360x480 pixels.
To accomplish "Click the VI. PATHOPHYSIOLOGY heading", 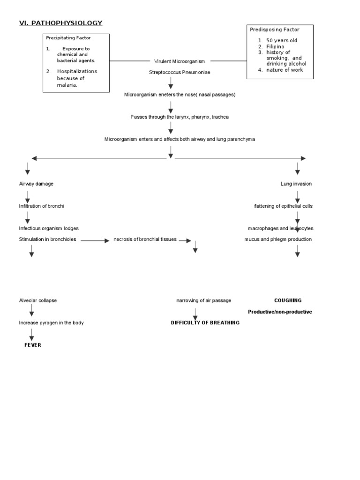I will (60, 23).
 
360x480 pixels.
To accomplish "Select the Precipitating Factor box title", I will (68, 38).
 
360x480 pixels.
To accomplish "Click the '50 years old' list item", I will (281, 41).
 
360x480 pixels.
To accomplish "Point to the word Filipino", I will (275, 47).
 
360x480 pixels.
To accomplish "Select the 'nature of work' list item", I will (285, 70).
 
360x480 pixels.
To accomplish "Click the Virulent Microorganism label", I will (180, 61).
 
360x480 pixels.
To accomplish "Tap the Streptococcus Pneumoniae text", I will (180, 73).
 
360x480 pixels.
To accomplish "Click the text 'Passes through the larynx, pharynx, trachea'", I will (180, 117).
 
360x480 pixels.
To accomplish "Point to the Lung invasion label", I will (296, 184).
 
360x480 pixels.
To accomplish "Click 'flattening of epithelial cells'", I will (283, 206).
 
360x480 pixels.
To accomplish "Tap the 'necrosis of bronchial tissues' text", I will (145, 240).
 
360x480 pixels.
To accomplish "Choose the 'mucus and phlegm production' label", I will (277, 240).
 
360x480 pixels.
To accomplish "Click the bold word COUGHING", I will (288, 300).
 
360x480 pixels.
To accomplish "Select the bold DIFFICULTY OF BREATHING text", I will (205, 322).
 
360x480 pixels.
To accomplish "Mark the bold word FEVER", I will (33, 345).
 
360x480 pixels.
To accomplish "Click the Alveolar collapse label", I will (38, 300).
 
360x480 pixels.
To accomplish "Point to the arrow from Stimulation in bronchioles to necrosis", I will (95, 240).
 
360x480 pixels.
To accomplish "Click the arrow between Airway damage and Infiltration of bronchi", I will (28, 196).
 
